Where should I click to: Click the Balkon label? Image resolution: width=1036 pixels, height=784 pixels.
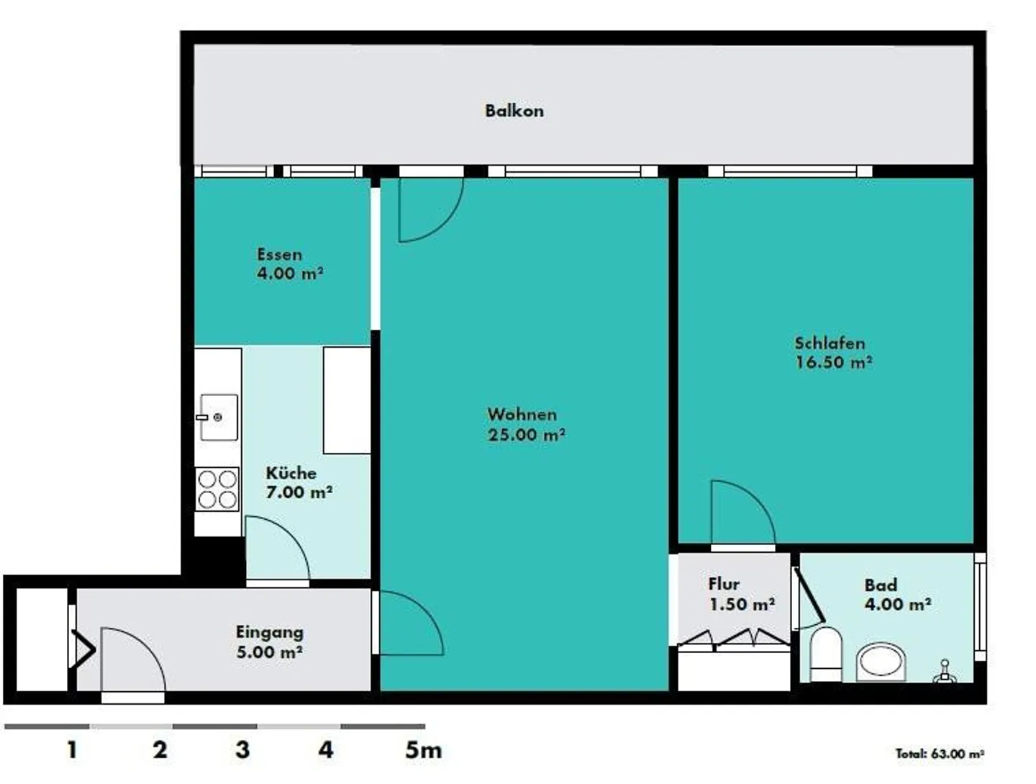point(514,111)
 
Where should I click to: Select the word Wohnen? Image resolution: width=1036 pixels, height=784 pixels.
point(522,414)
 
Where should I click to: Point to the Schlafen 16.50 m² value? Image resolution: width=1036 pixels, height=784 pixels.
point(833,362)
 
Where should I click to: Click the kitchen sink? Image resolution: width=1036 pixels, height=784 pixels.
point(219,417)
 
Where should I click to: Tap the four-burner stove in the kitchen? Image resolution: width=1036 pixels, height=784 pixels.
point(217,489)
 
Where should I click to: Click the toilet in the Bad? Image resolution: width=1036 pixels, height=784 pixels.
point(826,654)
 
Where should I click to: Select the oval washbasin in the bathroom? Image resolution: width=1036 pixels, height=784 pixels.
point(881,662)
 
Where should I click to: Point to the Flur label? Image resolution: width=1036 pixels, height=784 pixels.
point(724,584)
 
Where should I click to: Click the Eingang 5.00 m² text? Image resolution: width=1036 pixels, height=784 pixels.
point(269,642)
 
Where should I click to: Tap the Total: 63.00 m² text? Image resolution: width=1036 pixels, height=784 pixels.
point(940,753)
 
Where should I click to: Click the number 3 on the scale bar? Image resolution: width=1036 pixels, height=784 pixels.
point(242,749)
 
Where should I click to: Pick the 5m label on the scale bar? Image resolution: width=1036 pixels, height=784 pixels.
point(423,750)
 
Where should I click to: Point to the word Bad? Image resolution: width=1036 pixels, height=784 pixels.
point(881,585)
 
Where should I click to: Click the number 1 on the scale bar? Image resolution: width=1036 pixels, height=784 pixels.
point(72,749)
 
